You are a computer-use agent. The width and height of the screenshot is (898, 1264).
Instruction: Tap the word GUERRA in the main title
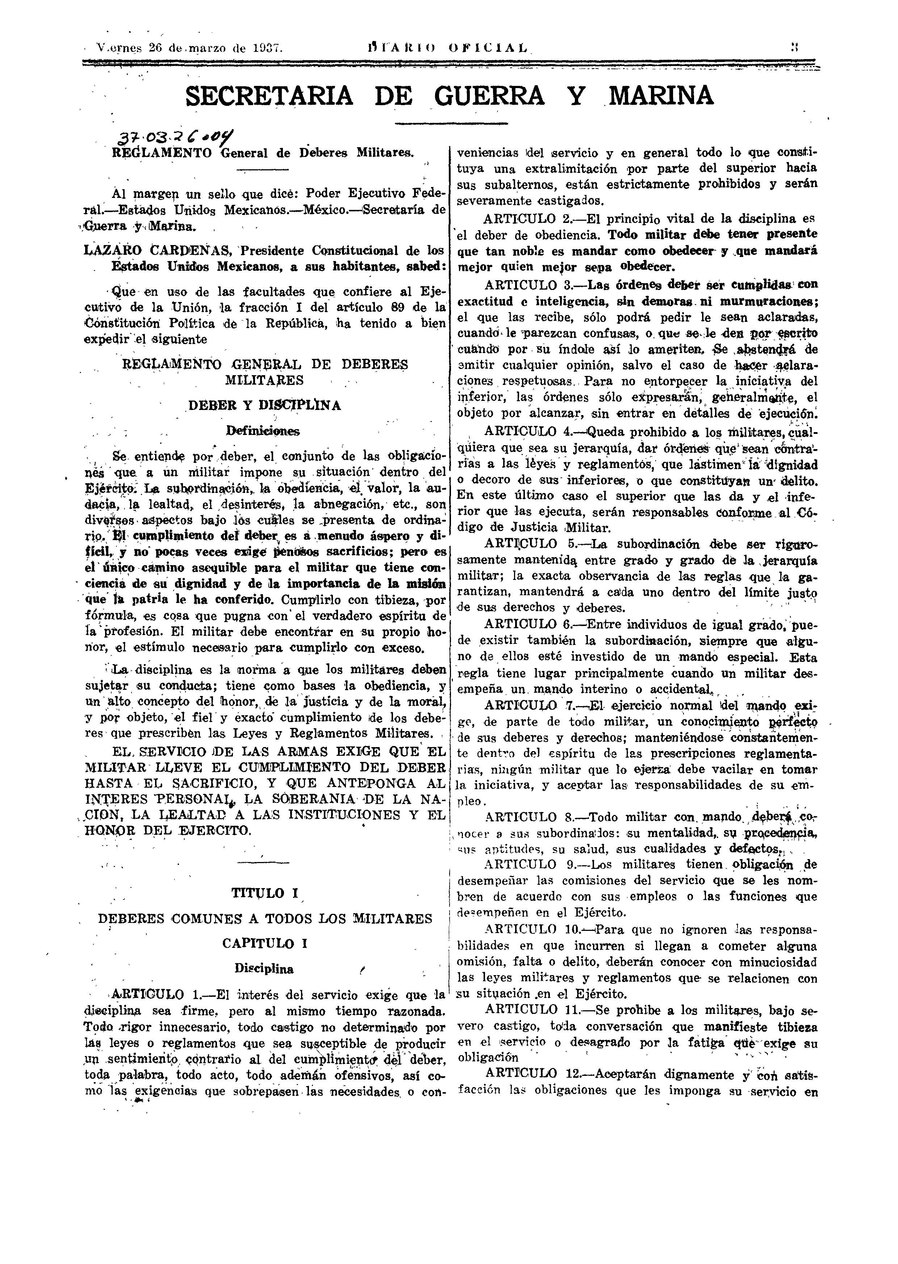pos(489,96)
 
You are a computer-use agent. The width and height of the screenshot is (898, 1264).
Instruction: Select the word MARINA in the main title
pos(661,96)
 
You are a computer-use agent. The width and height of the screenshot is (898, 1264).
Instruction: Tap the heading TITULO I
pos(265,893)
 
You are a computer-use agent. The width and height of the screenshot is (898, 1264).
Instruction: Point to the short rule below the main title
pos(451,123)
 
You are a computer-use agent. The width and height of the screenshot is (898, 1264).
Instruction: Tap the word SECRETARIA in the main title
pos(269,96)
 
